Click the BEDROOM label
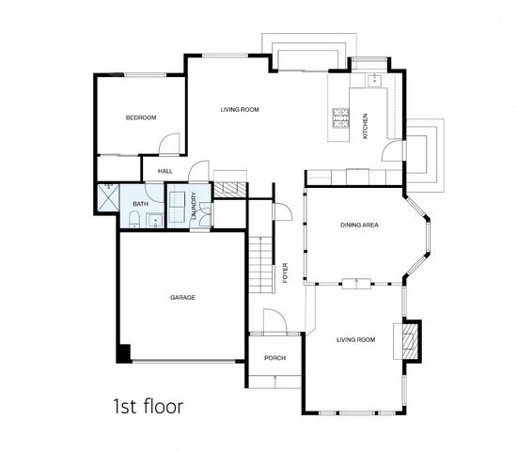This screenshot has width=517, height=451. click(141, 117)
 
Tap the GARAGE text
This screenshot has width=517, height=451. click(182, 297)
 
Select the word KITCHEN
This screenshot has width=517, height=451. click(366, 128)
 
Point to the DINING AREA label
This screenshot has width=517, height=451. click(359, 225)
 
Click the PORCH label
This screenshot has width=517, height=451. click(274, 358)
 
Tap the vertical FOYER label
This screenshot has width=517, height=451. click(285, 273)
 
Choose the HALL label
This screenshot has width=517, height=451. click(165, 170)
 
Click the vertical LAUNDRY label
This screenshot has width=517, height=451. click(194, 206)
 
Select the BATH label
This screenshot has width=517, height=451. click(140, 204)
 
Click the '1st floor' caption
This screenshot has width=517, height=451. click(148, 407)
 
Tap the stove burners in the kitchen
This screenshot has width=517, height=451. click(339, 119)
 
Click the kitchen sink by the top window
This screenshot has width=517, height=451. click(374, 80)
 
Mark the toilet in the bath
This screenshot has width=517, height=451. click(134, 221)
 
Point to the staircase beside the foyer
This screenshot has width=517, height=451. click(259, 263)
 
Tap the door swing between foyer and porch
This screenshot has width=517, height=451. click(274, 320)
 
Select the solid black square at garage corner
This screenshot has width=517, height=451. click(122, 353)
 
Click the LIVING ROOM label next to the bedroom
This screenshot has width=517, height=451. click(239, 110)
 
